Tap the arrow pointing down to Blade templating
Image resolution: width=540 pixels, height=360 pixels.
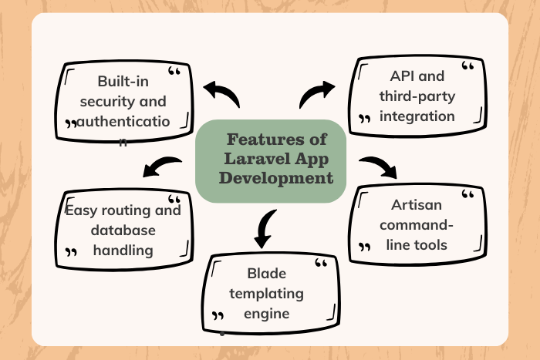coord(265,227)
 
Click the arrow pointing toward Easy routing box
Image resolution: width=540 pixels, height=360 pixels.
coord(163,165)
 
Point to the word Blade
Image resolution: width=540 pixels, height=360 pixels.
coord(266,274)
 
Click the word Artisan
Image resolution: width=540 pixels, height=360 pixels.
coord(417,206)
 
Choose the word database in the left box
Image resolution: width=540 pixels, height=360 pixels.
coord(123,230)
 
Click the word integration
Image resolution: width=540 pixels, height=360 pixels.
coord(417,116)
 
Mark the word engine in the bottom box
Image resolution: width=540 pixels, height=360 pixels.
coord(267,313)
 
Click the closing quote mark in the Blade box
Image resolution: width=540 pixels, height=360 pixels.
coord(218,316)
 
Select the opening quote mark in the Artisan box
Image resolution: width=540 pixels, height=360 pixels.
coord(467,195)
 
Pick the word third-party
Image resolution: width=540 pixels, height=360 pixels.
coord(417,97)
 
